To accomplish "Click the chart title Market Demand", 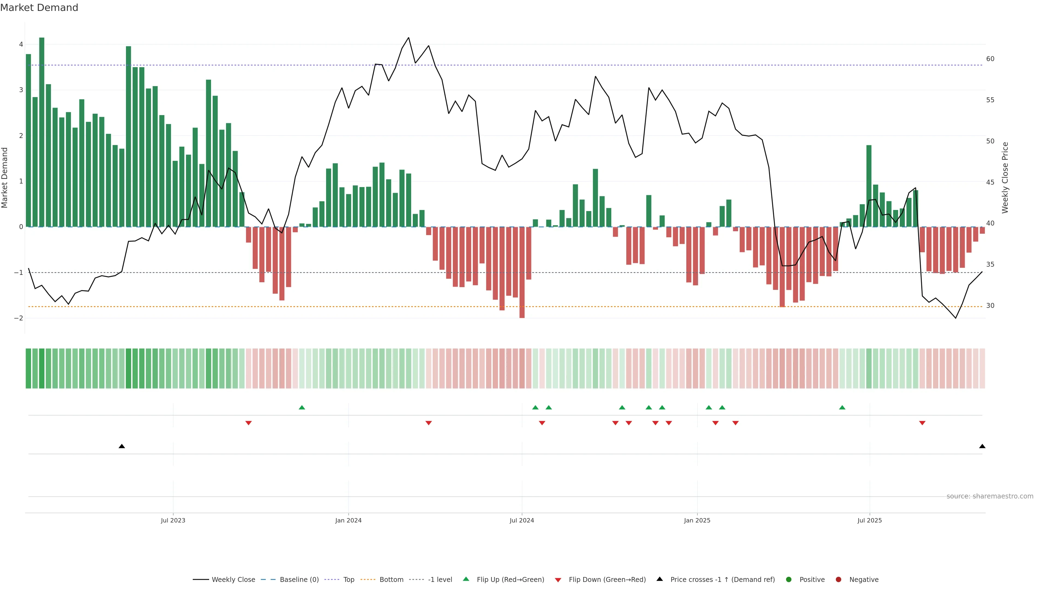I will (x=39, y=8).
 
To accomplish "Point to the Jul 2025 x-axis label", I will (x=870, y=520).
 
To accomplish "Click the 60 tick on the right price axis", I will (x=990, y=59).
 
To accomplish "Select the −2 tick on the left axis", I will (x=19, y=318).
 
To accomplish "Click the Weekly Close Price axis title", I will (x=1005, y=178).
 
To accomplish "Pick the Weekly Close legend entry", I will (x=233, y=580).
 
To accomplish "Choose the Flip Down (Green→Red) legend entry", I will (x=607, y=580).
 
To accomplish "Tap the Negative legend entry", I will (x=863, y=580).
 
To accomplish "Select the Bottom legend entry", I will (x=391, y=580).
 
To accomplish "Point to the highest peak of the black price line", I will (x=408, y=38).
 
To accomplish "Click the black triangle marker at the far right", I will (x=982, y=446).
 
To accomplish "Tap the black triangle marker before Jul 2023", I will (x=122, y=446).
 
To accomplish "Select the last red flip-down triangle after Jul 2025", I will (x=922, y=423).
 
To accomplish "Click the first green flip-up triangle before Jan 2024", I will (x=302, y=407).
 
